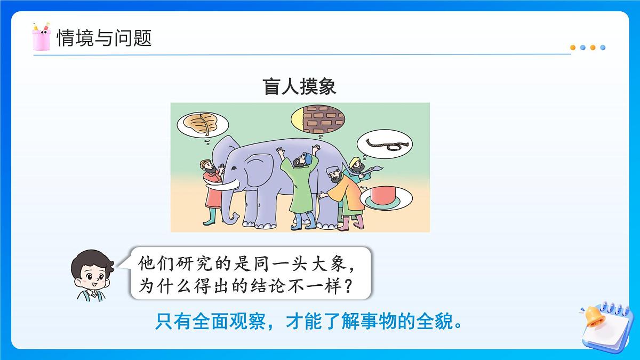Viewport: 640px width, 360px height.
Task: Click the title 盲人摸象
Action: coord(300,87)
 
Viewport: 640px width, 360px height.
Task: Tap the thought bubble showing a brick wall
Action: coord(318,118)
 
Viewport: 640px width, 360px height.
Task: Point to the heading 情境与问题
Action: coord(104,38)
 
